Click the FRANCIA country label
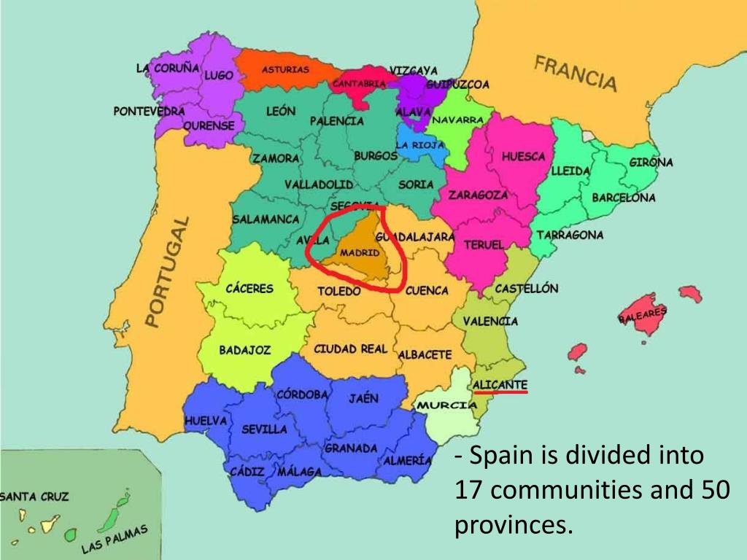tap(576, 72)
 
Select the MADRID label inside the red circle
tap(360, 253)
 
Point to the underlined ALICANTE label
tap(500, 384)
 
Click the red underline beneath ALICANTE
tap(500, 392)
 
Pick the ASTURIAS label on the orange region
tap(285, 69)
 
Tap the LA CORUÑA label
tap(168, 67)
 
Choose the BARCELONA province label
tap(623, 198)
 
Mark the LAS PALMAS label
tap(115, 538)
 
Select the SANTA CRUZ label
tap(34, 497)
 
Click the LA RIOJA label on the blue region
tap(420, 144)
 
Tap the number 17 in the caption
tap(468, 490)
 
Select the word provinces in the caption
tap(510, 524)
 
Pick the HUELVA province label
tap(206, 421)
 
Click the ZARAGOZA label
tap(478, 195)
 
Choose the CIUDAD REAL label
tap(350, 349)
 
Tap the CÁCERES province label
tap(249, 289)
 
